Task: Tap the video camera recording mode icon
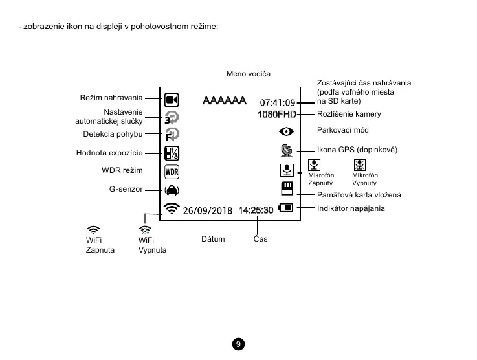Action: coord(172,100)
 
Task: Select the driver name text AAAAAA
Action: coord(224,101)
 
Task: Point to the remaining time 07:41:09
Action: coord(278,102)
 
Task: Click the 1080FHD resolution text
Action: coord(276,115)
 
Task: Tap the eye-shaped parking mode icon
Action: coord(287,131)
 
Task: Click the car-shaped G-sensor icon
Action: coord(172,190)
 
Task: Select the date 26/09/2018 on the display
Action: coord(207,210)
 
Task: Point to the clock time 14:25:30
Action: coord(256,210)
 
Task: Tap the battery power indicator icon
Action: coord(285,208)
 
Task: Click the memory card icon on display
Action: coord(287,188)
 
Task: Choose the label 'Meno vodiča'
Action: coord(249,74)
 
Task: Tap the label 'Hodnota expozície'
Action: coord(109,153)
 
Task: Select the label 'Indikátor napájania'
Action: coord(351,208)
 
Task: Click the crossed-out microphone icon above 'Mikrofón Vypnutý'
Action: coord(360,165)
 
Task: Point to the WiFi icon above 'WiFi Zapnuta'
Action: coord(94,229)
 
